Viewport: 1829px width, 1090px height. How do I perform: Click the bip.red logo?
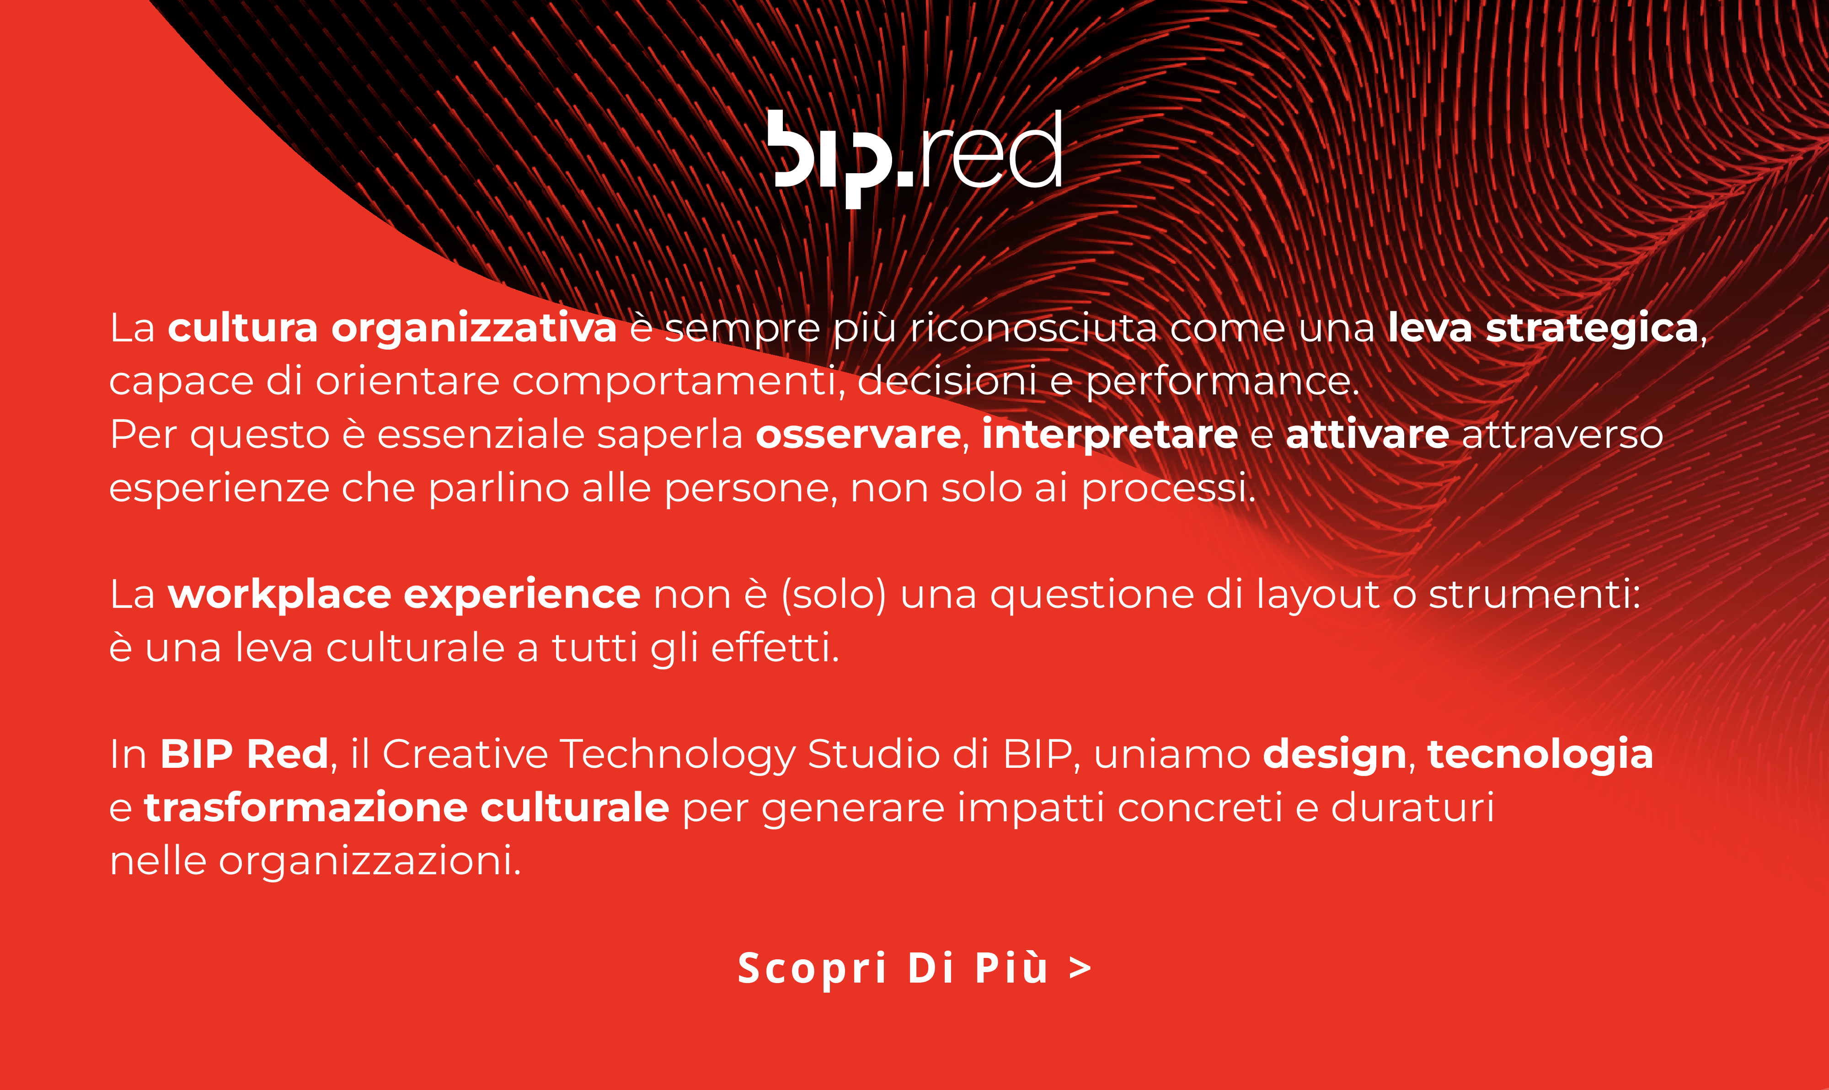tap(915, 158)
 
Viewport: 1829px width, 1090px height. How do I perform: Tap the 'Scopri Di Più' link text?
tap(893, 968)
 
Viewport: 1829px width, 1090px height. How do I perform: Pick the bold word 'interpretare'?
tap(1110, 435)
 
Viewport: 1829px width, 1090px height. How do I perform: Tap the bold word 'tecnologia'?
tap(1540, 755)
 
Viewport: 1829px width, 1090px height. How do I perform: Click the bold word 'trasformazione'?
tap(306, 807)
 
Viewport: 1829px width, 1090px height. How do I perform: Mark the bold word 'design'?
tap(1334, 755)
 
